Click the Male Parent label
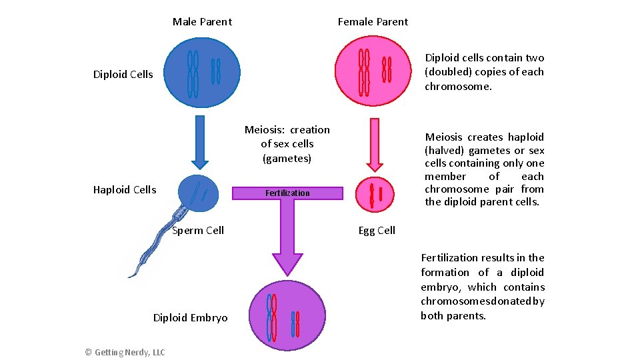pos(202,22)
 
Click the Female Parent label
pos(373,22)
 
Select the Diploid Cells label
pos(123,75)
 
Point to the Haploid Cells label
pos(125,190)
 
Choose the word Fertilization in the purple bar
pos(287,193)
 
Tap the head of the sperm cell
pos(199,192)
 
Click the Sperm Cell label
pos(198,231)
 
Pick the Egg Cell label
pos(377,231)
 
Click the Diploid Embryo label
pos(190,318)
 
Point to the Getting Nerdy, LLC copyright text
pos(125,352)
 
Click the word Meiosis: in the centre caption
pos(266,130)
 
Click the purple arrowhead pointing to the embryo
pos(287,263)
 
